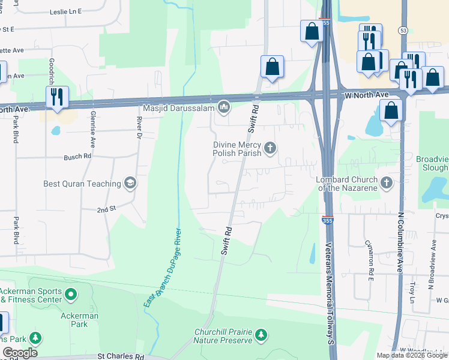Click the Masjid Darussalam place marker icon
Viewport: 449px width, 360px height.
pos(224,108)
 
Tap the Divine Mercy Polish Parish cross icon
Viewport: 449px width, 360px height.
pos(270,147)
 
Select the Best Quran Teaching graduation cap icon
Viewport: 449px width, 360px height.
pos(130,183)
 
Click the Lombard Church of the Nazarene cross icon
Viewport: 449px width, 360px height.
pos(387,182)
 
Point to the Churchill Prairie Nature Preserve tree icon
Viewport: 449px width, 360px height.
pos(261,335)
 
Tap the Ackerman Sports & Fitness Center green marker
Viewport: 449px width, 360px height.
pos(71,294)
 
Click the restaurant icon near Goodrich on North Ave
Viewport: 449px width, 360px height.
pos(57,97)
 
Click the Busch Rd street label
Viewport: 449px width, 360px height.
pos(78,156)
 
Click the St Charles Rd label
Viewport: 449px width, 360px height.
pos(121,356)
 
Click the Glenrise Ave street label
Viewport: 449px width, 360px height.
pos(93,130)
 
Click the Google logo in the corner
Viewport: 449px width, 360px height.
pos(20,353)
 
